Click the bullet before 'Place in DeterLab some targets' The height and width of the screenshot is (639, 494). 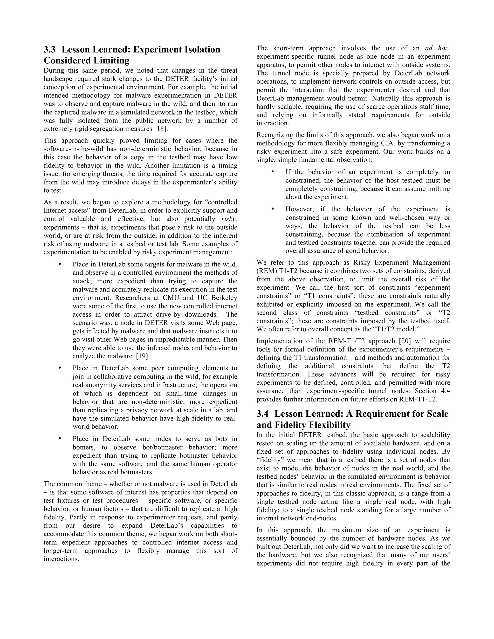(60, 264)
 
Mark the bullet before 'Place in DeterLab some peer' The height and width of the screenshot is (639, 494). (60, 368)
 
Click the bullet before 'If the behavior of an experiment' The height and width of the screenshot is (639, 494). (273, 172)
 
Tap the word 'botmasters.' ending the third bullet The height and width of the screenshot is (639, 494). (138, 472)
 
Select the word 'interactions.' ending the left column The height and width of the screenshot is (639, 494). (62, 559)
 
